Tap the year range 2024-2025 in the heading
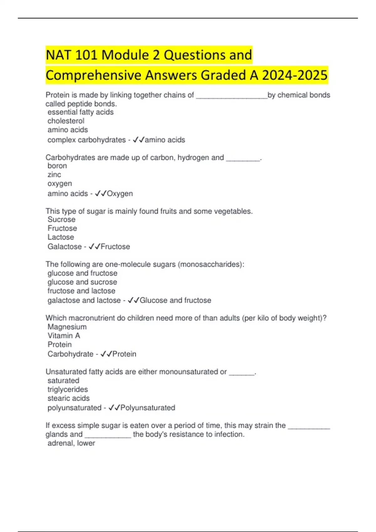click(x=295, y=75)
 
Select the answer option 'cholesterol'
click(x=66, y=121)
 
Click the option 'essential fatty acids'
click(x=81, y=112)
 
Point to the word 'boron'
click(x=57, y=166)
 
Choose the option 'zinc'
click(x=54, y=175)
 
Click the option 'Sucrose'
click(x=61, y=219)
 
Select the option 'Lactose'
click(x=61, y=237)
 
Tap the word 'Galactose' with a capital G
click(x=65, y=247)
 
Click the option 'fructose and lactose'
click(x=81, y=291)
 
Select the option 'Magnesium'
click(x=67, y=327)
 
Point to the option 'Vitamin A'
click(x=64, y=335)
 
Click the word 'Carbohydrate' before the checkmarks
click(x=70, y=354)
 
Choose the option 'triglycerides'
click(x=68, y=389)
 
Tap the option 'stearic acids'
click(x=69, y=398)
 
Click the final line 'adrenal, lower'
click(x=71, y=443)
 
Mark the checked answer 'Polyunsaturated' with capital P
click(x=148, y=408)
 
